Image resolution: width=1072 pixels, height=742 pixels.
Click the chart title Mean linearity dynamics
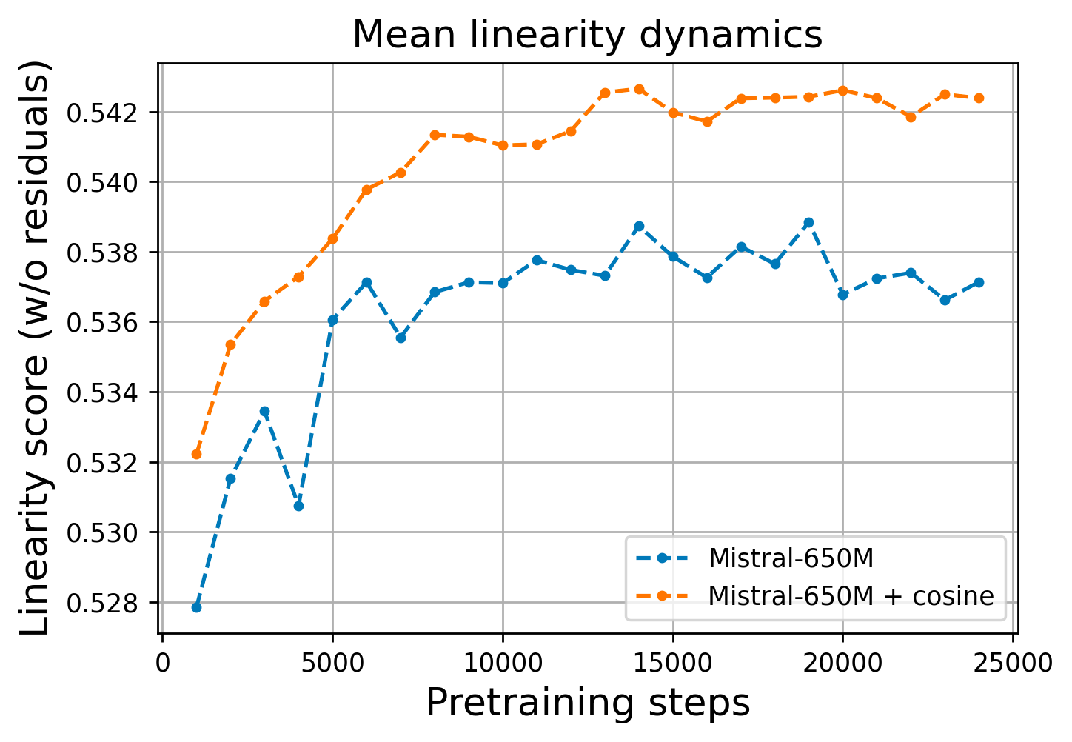[587, 35]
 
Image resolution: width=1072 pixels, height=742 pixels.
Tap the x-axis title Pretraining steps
[588, 703]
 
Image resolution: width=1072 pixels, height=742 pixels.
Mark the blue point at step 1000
[196, 607]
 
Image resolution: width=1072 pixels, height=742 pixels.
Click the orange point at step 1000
[196, 454]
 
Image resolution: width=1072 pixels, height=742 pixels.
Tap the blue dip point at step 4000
[298, 506]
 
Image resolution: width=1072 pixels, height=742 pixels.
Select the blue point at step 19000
[808, 223]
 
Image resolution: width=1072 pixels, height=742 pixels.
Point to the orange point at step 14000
[639, 90]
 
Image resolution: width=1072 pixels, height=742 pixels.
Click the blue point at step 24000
[979, 282]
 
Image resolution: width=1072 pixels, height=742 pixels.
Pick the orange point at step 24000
[979, 98]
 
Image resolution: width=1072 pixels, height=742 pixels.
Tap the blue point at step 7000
[401, 338]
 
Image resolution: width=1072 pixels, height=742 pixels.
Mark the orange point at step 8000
[435, 135]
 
